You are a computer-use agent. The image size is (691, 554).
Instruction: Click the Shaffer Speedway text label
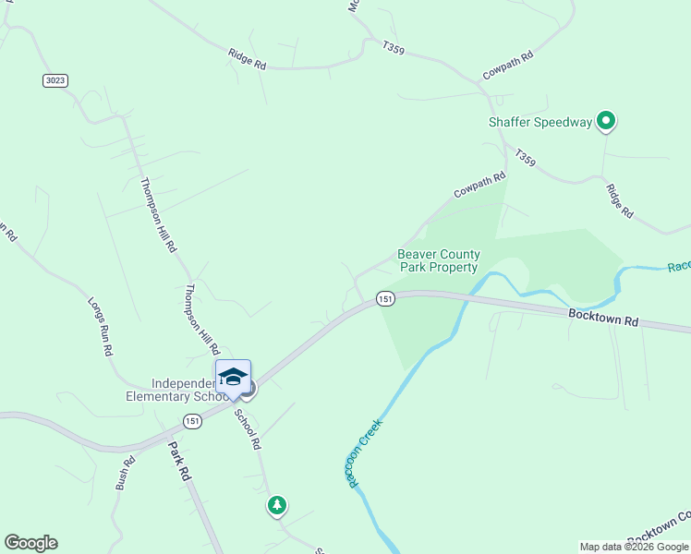click(x=539, y=122)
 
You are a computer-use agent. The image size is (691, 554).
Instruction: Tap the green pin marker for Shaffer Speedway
click(x=606, y=120)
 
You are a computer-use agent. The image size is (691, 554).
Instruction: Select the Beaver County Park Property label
click(x=439, y=260)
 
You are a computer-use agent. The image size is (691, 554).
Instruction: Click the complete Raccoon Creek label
click(x=365, y=452)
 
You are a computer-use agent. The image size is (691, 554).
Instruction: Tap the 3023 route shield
click(x=55, y=80)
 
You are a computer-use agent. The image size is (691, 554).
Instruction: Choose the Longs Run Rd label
click(x=100, y=327)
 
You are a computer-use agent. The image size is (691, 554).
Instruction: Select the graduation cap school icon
click(x=233, y=377)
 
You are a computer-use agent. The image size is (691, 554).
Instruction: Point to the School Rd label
click(x=249, y=429)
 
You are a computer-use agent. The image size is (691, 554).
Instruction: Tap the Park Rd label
click(x=179, y=461)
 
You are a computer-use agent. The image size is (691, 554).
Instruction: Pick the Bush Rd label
click(x=126, y=472)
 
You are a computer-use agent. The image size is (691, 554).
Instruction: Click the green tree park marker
click(x=276, y=505)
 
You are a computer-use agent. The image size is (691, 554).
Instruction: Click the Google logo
click(x=30, y=543)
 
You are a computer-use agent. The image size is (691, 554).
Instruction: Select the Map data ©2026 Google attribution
click(x=634, y=547)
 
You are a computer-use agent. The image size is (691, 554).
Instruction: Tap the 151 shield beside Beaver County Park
click(x=385, y=298)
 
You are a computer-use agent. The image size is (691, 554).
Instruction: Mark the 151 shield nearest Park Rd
click(x=191, y=421)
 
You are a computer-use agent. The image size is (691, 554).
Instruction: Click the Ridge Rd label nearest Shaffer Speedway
click(x=620, y=200)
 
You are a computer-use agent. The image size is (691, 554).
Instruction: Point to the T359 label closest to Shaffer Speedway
click(x=525, y=158)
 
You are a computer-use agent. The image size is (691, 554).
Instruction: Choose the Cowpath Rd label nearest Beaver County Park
click(x=479, y=185)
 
